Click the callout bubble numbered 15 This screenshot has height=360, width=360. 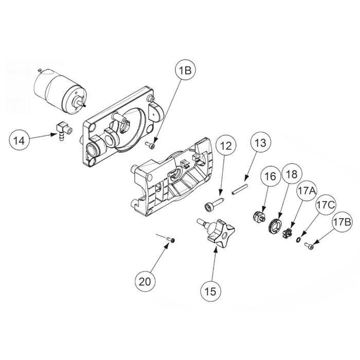[212, 291]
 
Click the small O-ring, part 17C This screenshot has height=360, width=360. [298, 238]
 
